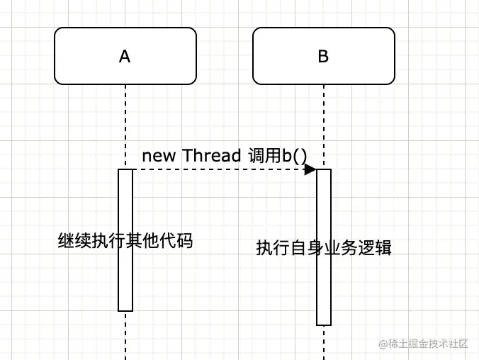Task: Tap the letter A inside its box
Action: (x=125, y=57)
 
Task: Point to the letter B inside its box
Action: (x=323, y=57)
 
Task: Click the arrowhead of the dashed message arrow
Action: (x=310, y=170)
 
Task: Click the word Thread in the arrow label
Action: (x=212, y=156)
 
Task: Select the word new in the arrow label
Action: (x=159, y=156)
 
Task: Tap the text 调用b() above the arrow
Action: (x=278, y=156)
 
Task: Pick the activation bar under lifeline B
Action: (x=324, y=298)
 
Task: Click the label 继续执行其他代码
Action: (x=125, y=242)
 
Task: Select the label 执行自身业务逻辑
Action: (x=324, y=249)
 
